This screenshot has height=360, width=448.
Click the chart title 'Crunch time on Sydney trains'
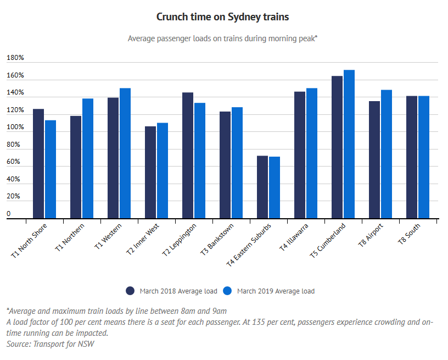(x=222, y=17)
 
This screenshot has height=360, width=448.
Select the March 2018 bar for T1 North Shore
(x=38, y=164)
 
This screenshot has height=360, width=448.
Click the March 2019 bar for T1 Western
(x=125, y=153)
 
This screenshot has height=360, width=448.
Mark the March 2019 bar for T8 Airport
(x=387, y=154)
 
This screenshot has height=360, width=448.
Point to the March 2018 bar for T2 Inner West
(x=150, y=173)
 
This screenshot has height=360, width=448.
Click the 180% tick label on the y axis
(x=15, y=58)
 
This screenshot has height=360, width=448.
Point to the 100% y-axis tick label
(x=15, y=127)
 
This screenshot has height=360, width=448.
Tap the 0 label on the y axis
(x=9, y=213)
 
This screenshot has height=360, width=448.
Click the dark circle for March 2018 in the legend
(x=131, y=291)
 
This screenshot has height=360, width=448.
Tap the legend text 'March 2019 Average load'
(x=276, y=291)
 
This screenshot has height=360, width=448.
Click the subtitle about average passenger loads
(x=223, y=38)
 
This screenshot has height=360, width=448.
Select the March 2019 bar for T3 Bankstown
(x=237, y=163)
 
